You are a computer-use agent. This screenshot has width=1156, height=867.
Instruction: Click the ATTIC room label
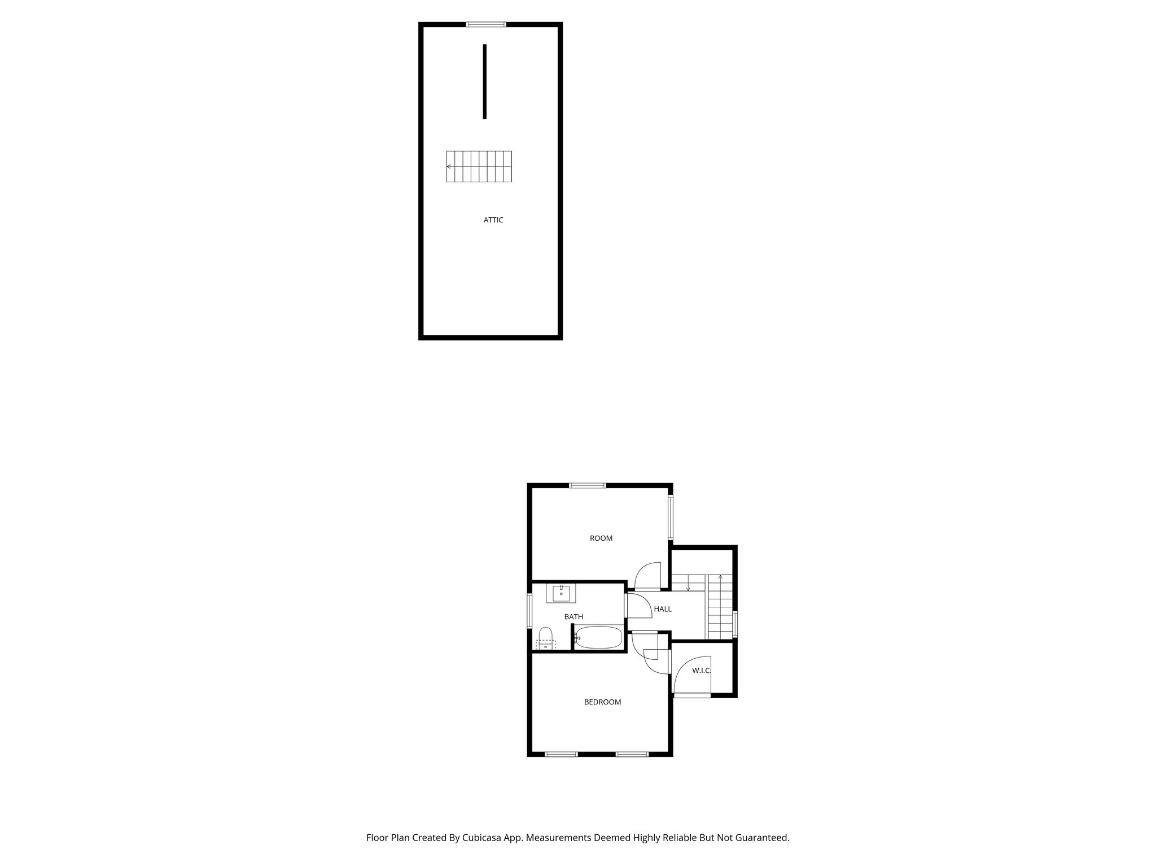(x=493, y=220)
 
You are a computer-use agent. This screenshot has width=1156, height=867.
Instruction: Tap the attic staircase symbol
(x=479, y=167)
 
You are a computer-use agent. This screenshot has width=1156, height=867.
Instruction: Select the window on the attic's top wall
(x=486, y=24)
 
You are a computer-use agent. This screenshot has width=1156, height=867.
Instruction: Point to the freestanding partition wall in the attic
(x=484, y=81)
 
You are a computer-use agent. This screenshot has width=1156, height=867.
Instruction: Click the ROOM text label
(x=601, y=538)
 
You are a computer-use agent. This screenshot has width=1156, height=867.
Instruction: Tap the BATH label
(x=573, y=617)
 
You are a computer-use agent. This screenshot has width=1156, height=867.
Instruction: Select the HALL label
(x=663, y=609)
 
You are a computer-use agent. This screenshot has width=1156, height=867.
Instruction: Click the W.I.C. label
(x=701, y=671)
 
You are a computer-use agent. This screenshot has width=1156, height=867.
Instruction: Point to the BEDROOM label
(x=602, y=702)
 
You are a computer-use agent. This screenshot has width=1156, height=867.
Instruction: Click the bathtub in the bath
(x=598, y=638)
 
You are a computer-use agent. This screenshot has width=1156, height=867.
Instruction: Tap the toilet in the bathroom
(x=545, y=638)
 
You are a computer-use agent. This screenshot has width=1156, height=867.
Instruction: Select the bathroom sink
(x=561, y=594)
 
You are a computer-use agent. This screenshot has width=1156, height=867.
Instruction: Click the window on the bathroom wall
(x=529, y=610)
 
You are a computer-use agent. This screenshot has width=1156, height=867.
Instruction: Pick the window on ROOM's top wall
(x=587, y=485)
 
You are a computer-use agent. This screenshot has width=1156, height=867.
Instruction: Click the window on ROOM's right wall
(x=671, y=518)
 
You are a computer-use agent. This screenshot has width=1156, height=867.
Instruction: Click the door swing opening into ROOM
(x=648, y=576)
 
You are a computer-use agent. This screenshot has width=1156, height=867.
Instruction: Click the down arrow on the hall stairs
(x=688, y=587)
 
